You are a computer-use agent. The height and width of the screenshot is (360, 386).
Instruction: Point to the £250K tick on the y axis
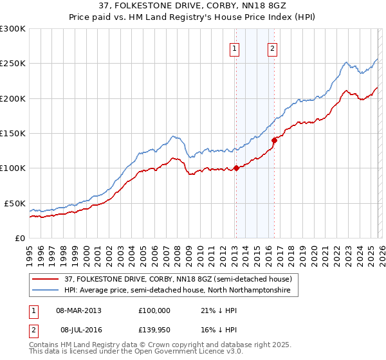click(x=13, y=64)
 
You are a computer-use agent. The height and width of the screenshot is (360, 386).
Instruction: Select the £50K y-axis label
click(x=15, y=203)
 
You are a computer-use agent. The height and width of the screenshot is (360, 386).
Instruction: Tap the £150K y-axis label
click(x=13, y=134)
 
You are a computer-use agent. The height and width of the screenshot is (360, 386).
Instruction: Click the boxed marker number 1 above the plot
click(x=235, y=48)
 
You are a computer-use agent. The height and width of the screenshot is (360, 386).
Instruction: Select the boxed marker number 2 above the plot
click(x=273, y=48)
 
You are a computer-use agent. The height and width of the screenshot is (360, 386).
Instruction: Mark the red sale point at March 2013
click(x=235, y=168)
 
